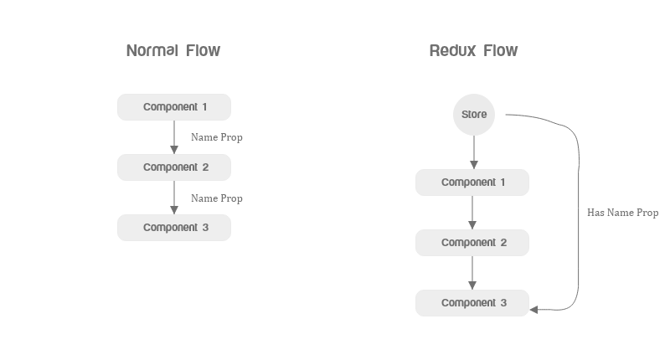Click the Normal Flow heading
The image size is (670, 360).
pyautogui.click(x=173, y=51)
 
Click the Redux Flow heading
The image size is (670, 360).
pyautogui.click(x=473, y=51)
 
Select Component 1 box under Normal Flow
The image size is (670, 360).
pyautogui.click(x=174, y=107)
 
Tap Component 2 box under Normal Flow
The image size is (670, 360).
pyautogui.click(x=174, y=167)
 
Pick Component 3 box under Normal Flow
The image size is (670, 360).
pyautogui.click(x=174, y=228)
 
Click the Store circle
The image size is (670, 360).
pyautogui.click(x=474, y=115)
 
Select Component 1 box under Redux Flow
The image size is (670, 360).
pyautogui.click(x=472, y=183)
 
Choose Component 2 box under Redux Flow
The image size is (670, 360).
pyautogui.click(x=472, y=243)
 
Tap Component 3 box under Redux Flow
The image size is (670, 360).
pyautogui.click(x=472, y=303)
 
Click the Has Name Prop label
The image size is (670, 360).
pyautogui.click(x=622, y=213)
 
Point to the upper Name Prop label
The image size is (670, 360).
pyautogui.click(x=217, y=137)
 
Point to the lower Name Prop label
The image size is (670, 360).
pyautogui.click(x=217, y=198)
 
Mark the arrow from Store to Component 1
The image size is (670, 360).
pyautogui.click(x=474, y=152)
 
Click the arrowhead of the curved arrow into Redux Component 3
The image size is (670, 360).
pyautogui.click(x=535, y=310)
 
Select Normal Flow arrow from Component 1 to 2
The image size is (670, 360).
pyautogui.click(x=174, y=136)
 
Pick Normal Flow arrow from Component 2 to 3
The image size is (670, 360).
pyautogui.click(x=174, y=198)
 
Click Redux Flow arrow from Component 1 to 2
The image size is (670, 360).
pyautogui.click(x=472, y=213)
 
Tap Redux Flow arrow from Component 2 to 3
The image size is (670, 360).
pyautogui.click(x=472, y=273)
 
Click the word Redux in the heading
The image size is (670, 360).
pyautogui.click(x=452, y=51)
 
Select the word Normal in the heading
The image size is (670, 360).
pyautogui.click(x=152, y=51)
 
